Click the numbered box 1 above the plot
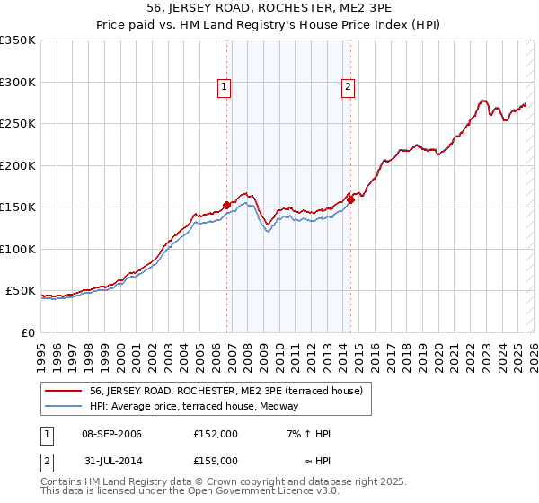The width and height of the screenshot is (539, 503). [223, 87]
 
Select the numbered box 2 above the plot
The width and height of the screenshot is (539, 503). [347, 87]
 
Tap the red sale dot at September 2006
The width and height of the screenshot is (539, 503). [226, 205]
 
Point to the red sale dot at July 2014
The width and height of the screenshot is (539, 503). [351, 199]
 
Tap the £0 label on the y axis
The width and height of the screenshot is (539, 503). [28, 332]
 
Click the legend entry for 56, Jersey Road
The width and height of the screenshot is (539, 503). [225, 391]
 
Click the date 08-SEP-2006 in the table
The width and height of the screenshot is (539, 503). [111, 434]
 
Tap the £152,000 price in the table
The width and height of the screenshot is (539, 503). [216, 434]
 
